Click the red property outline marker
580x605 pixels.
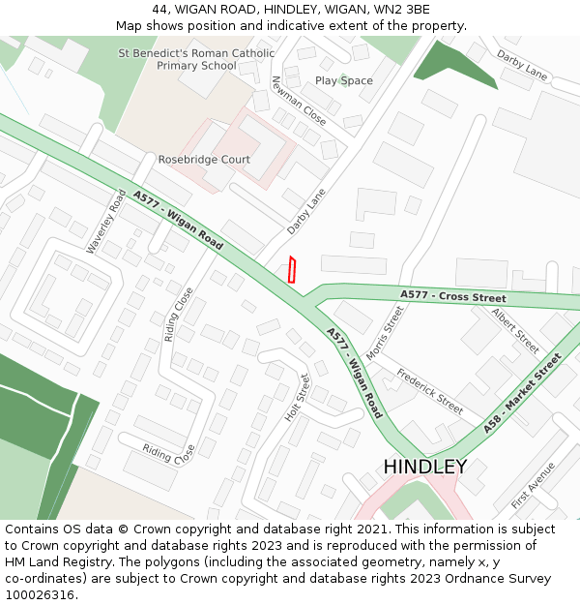(292, 270)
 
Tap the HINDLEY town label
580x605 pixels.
(424, 467)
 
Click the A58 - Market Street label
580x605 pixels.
(522, 393)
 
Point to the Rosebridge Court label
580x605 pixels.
(204, 160)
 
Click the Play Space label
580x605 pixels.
(343, 80)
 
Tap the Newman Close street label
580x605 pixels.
(298, 101)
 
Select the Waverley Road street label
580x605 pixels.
(105, 222)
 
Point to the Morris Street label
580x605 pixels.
(384, 332)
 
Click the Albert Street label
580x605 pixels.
(514, 330)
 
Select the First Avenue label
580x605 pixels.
(533, 485)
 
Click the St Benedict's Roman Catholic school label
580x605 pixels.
(195, 59)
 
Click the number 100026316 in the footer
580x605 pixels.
(42, 594)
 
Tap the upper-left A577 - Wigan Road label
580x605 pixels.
(178, 221)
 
